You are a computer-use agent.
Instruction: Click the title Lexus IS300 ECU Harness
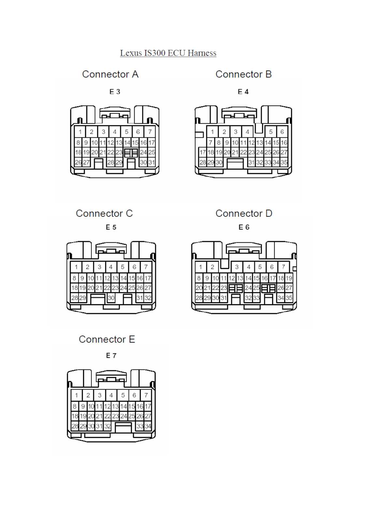(x=168, y=53)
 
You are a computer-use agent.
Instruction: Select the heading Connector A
(x=110, y=74)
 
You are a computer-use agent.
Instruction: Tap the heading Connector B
(x=243, y=74)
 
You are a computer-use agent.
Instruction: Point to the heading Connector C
(x=104, y=213)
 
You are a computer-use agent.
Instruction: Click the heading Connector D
(x=244, y=213)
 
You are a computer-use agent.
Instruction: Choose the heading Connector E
(x=107, y=339)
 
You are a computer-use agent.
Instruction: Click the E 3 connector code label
(x=115, y=92)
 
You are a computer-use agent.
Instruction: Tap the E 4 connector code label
(x=243, y=92)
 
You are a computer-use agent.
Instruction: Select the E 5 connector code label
(x=111, y=227)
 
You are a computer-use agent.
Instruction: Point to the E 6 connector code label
(x=244, y=227)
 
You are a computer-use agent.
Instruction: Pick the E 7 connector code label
(x=111, y=356)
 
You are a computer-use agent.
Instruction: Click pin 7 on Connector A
(x=150, y=132)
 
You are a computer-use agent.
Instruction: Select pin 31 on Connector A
(x=152, y=162)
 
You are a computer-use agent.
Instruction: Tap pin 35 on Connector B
(x=284, y=162)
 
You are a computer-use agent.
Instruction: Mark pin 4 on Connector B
(x=247, y=132)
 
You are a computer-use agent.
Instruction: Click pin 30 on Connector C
(x=111, y=298)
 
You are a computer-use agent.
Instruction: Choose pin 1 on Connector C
(x=76, y=267)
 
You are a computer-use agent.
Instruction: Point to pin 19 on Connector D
(x=289, y=278)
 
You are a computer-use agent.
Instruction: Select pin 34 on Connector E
(x=148, y=426)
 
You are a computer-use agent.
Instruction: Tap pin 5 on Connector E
(x=123, y=395)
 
